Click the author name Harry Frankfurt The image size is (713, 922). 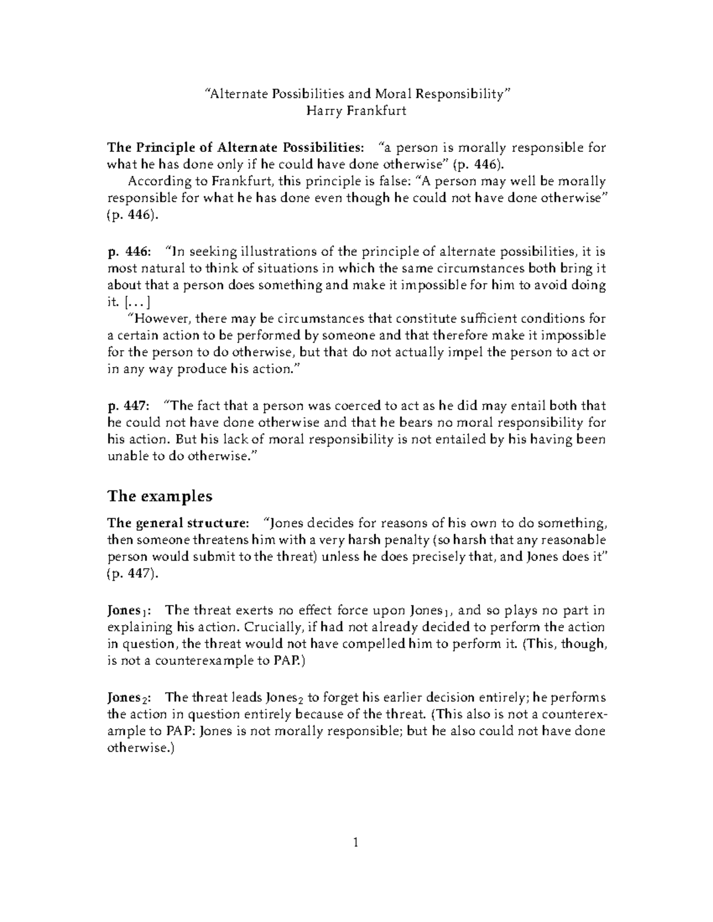356,110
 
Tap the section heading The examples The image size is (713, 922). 159,496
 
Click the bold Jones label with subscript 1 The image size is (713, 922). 130,611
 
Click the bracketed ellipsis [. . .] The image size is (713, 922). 140,302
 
